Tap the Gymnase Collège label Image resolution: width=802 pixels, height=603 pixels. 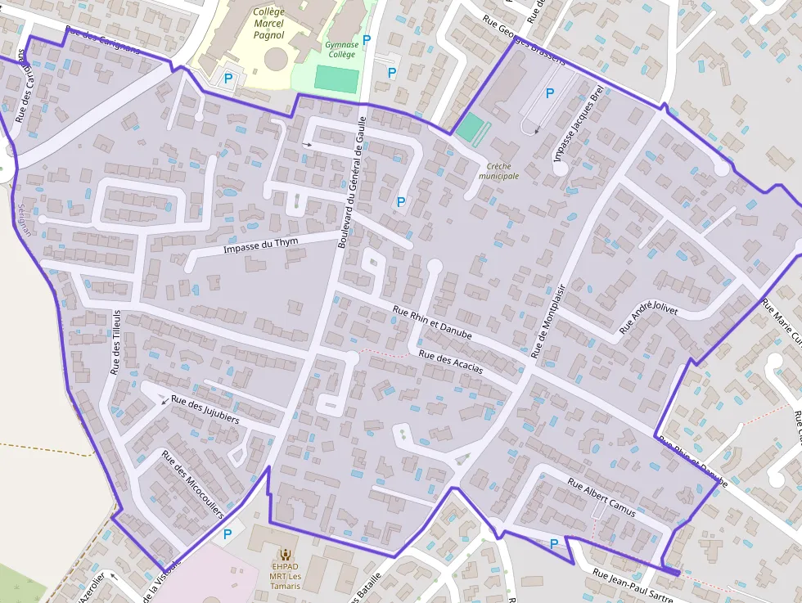point(340,49)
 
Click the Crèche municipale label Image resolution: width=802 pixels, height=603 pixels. point(499,170)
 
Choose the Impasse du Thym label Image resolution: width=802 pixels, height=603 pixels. point(260,244)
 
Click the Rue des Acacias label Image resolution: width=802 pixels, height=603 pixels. point(450,362)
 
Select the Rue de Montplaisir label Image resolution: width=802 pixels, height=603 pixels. point(548,322)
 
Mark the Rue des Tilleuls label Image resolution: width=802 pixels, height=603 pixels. point(116,342)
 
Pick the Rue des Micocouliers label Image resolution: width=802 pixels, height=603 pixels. point(192,485)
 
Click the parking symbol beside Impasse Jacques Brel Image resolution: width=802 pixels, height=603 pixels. point(550,93)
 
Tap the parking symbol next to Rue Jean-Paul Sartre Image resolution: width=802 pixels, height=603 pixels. point(554,543)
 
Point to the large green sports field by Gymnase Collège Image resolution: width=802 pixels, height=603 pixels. point(336,79)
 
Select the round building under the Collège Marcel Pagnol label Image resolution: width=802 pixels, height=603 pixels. point(276,59)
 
